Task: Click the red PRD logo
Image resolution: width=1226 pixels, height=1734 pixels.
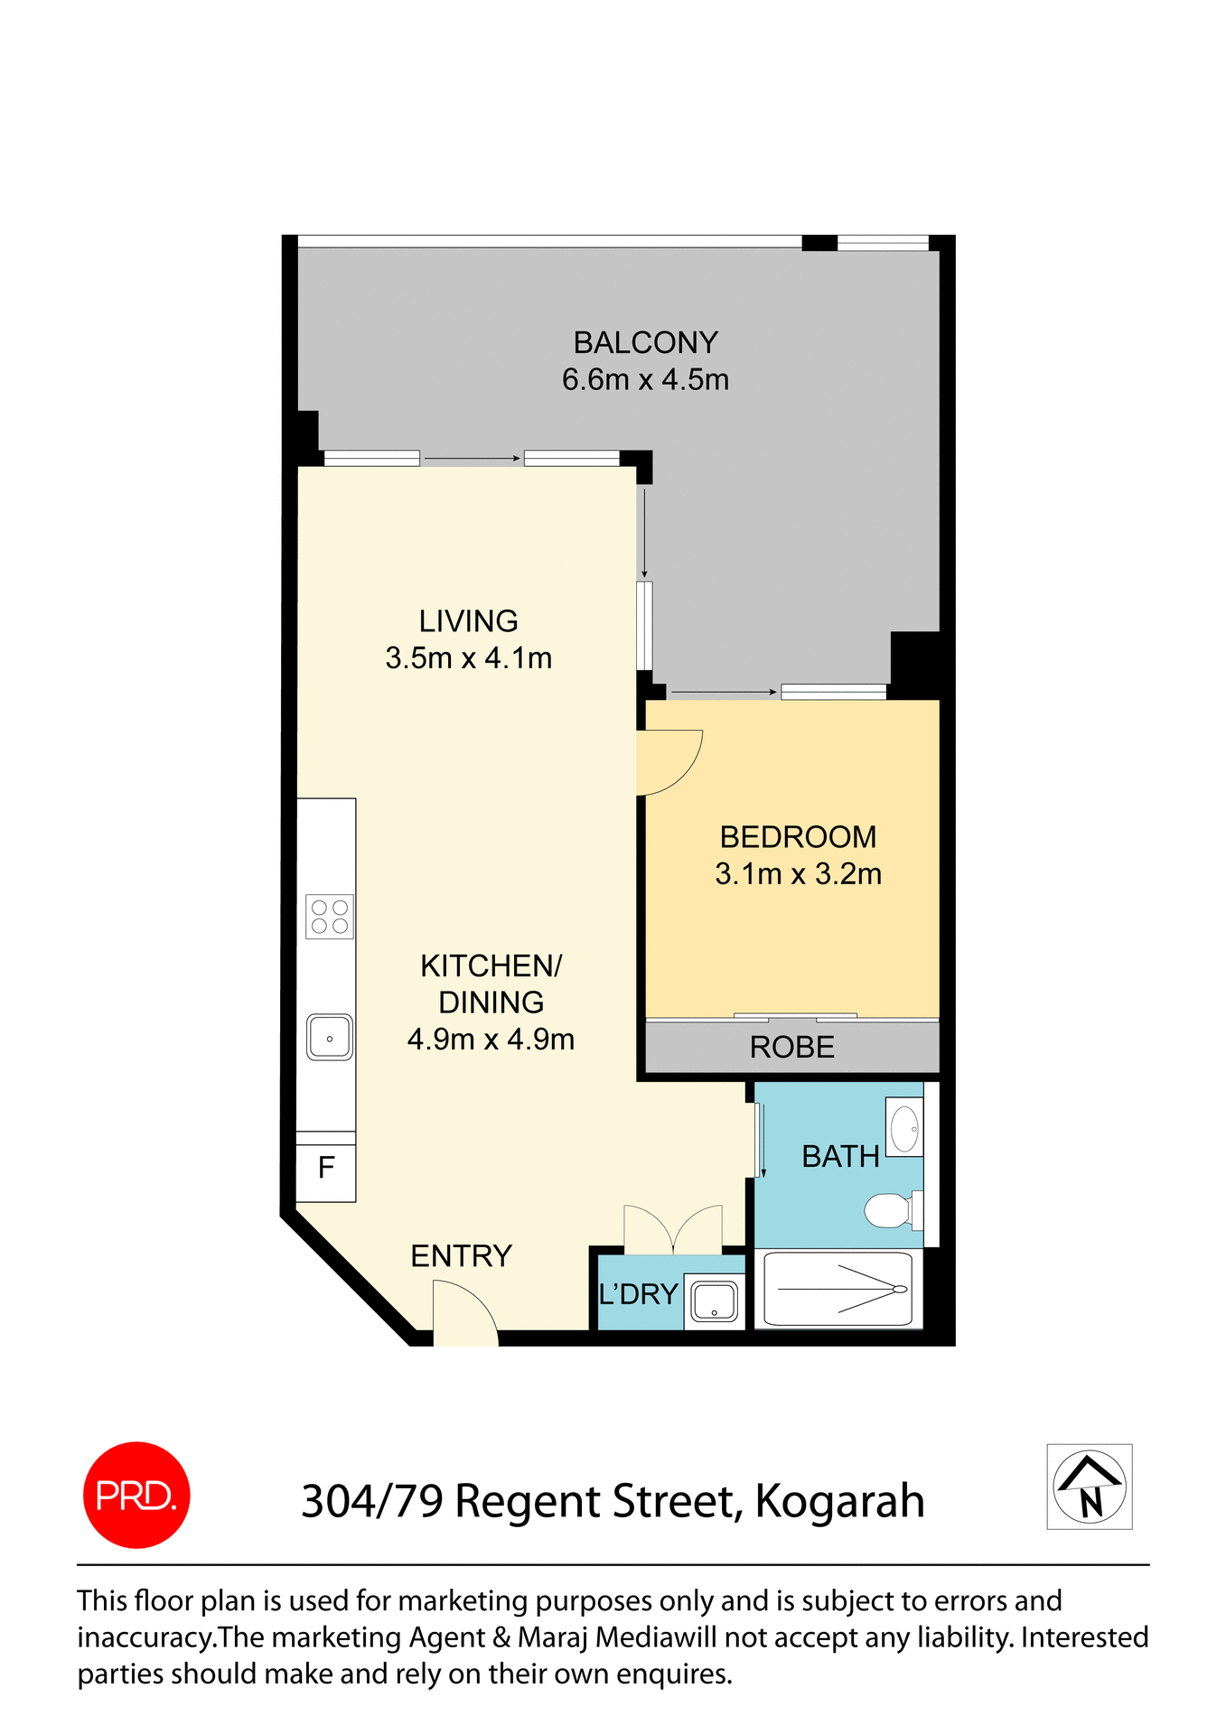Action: click(136, 1495)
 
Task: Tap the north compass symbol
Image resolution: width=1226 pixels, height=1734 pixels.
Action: click(1090, 1487)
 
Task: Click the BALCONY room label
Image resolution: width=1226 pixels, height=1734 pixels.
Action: click(645, 343)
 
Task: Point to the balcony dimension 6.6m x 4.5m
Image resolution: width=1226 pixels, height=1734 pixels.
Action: click(645, 380)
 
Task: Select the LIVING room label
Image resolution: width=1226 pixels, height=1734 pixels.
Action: click(468, 621)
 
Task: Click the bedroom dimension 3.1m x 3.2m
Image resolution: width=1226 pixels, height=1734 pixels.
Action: click(798, 874)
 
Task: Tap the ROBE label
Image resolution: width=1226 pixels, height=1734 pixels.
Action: click(791, 1048)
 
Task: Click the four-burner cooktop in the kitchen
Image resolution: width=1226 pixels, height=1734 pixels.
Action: click(330, 917)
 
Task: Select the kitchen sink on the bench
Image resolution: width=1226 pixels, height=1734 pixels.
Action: click(330, 1037)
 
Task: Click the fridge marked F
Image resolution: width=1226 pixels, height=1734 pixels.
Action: click(326, 1169)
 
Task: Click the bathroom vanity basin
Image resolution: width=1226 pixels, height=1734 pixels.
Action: click(904, 1127)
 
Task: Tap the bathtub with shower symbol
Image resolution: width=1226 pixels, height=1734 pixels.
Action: click(838, 1290)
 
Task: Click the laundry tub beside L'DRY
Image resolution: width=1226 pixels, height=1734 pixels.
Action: click(714, 1301)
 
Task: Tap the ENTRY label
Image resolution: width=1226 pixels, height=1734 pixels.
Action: click(461, 1256)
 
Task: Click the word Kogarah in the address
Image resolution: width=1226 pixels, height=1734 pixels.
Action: click(839, 1502)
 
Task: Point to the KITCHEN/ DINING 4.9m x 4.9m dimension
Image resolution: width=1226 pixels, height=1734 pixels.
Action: click(491, 1040)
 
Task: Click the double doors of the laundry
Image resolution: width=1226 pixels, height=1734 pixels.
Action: click(673, 1231)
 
